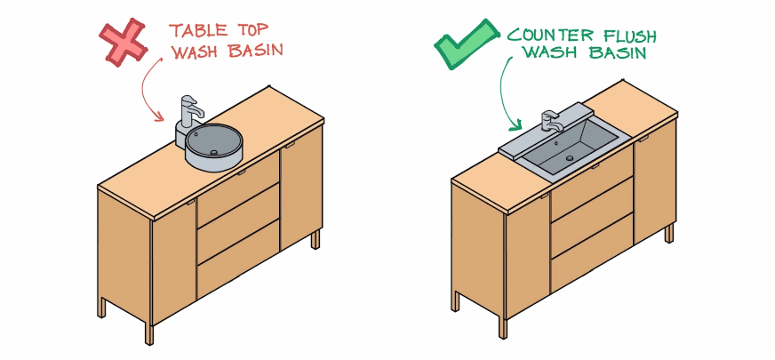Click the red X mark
tap(123, 43)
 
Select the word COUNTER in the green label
tap(551, 35)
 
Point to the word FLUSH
tap(629, 36)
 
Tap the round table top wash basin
tap(213, 147)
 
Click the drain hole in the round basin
tap(213, 152)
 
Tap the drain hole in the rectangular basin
tap(570, 158)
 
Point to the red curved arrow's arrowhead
tap(158, 116)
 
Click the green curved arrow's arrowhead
tap(517, 124)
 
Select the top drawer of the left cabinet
tap(238, 180)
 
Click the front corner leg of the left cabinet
tap(149, 334)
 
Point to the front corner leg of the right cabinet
tap(503, 328)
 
